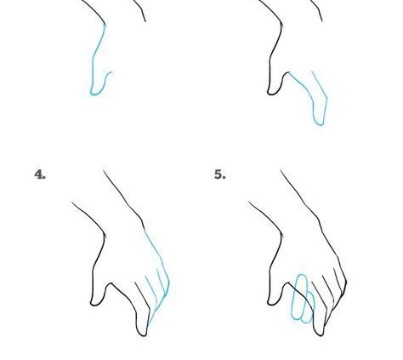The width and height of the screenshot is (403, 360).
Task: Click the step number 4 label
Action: tap(40, 174)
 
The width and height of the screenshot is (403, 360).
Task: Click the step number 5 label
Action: tap(219, 174)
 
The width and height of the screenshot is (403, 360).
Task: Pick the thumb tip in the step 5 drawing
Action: tap(272, 301)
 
